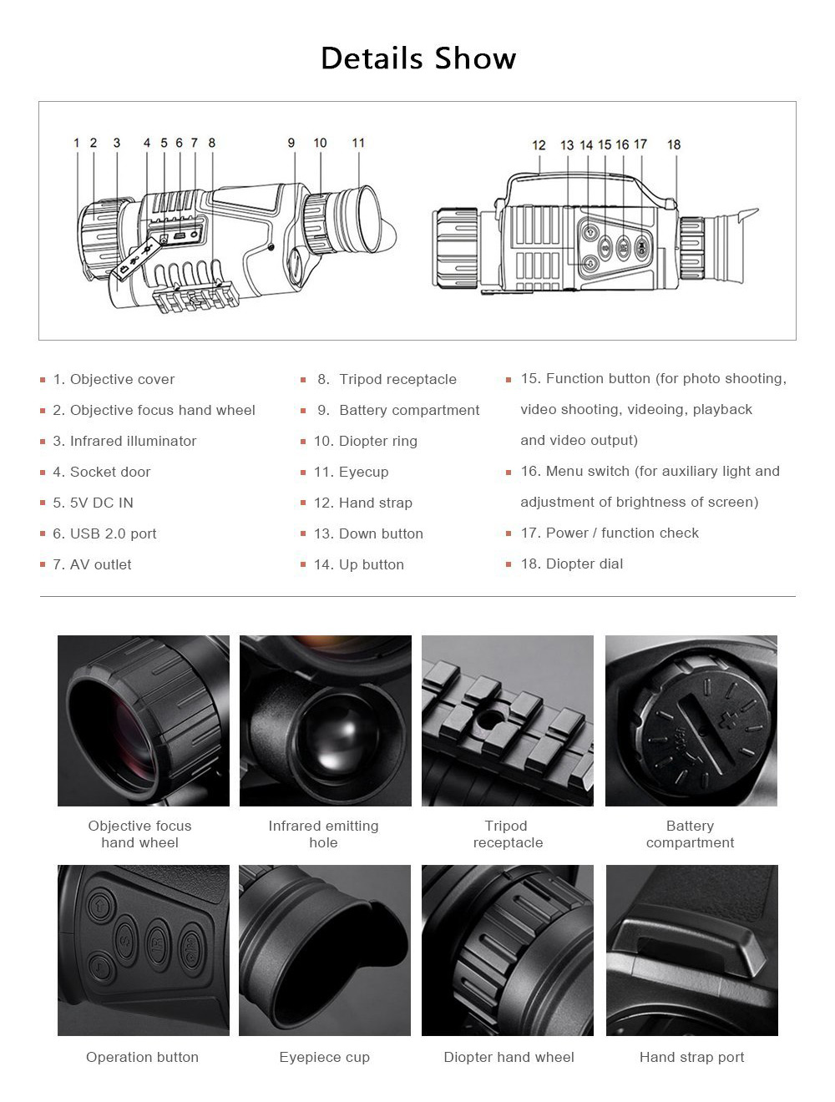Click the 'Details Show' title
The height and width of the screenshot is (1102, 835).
[x=418, y=58]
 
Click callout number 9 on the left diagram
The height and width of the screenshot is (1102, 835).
[x=291, y=143]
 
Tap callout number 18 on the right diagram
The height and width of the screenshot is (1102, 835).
[x=674, y=144]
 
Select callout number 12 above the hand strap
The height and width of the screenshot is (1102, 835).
[x=539, y=145]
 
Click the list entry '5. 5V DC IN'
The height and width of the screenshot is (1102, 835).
[x=93, y=503]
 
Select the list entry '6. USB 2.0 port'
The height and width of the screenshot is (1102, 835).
[x=104, y=533]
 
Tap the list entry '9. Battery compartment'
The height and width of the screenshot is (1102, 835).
[x=398, y=410]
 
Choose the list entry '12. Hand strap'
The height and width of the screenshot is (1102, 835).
[x=363, y=503]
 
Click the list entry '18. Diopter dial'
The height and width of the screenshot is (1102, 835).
[x=572, y=564]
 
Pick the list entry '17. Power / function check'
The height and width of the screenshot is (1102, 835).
[x=610, y=533]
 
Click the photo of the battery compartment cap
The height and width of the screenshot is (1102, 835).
[x=691, y=721]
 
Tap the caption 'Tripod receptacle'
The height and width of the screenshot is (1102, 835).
[x=508, y=834]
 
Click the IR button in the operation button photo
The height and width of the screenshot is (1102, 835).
[x=158, y=941]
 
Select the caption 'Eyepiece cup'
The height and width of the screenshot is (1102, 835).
[x=324, y=1057]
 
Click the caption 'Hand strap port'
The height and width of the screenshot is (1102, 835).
[x=691, y=1057]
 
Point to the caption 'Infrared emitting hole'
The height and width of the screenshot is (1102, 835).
[x=323, y=834]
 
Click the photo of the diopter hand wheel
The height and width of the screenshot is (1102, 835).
[x=508, y=950]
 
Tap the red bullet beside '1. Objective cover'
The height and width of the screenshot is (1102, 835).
[x=43, y=380]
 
